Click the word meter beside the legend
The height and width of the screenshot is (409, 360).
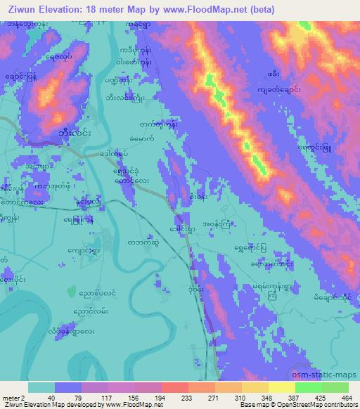9,397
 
